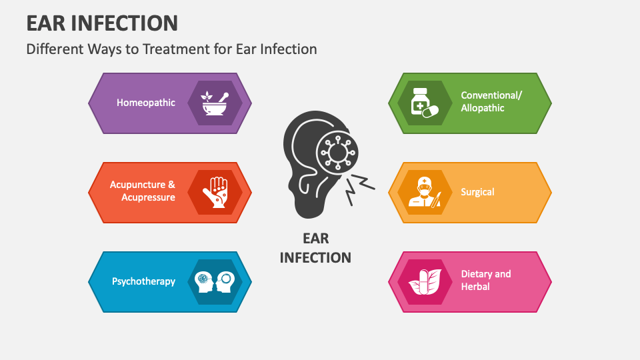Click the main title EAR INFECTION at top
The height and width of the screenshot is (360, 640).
pos(102,23)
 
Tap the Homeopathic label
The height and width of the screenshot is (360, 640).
pos(146,103)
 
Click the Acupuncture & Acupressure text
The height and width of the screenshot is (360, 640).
pos(143,191)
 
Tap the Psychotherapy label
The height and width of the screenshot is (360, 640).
pos(144,281)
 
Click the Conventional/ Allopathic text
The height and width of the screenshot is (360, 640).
pos(491,101)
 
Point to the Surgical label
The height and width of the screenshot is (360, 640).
pos(477,192)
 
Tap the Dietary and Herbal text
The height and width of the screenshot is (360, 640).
pos(486,280)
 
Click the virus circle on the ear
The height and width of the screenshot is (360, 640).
pos(337,152)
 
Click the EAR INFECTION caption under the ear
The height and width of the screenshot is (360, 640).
pos(315,247)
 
